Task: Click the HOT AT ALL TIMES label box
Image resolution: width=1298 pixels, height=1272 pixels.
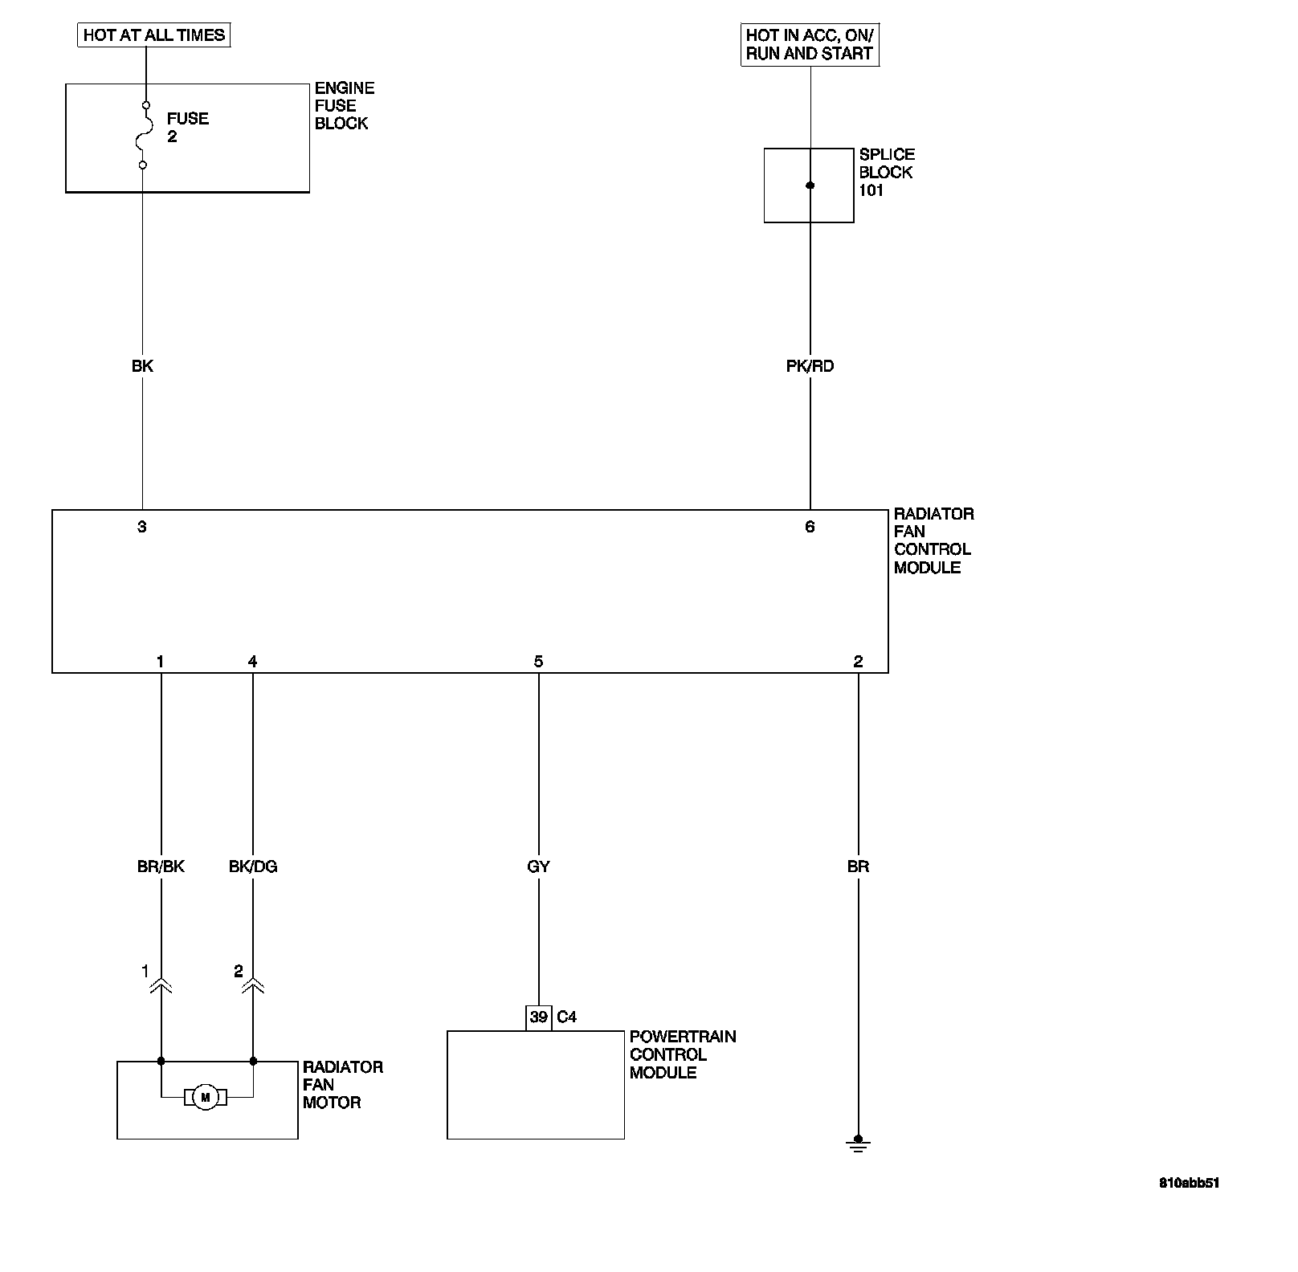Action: [154, 35]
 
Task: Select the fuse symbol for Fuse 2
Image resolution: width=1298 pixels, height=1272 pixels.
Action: [144, 135]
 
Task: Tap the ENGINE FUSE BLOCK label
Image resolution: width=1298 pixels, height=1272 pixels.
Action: [344, 106]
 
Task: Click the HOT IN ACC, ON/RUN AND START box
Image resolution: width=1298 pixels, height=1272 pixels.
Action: [809, 45]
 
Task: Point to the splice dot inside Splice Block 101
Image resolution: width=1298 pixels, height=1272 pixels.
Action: [810, 185]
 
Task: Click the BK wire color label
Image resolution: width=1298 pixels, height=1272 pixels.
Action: [142, 366]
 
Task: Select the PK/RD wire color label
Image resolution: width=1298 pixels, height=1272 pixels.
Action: [810, 366]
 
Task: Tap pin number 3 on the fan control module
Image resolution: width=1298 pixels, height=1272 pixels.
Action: [142, 527]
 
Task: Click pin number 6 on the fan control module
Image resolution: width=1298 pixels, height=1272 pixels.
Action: [810, 527]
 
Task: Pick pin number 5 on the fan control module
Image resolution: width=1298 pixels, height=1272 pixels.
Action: [538, 662]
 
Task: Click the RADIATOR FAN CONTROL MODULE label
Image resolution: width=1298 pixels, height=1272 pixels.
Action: [933, 540]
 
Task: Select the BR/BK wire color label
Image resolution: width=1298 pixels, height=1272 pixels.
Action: [161, 866]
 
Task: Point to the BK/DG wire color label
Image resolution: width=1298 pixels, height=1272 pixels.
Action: [253, 866]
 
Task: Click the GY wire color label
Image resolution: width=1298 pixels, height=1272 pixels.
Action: [538, 866]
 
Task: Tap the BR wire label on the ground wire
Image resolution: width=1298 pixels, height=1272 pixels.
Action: [858, 866]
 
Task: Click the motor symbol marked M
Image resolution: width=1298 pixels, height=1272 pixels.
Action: [205, 1097]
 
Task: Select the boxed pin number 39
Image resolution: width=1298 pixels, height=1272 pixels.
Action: [538, 1017]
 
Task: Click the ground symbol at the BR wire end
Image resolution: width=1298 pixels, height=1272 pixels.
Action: [858, 1144]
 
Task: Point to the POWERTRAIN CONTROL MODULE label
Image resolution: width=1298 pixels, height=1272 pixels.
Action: [682, 1054]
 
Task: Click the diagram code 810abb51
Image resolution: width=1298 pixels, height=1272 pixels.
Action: [1189, 1183]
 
